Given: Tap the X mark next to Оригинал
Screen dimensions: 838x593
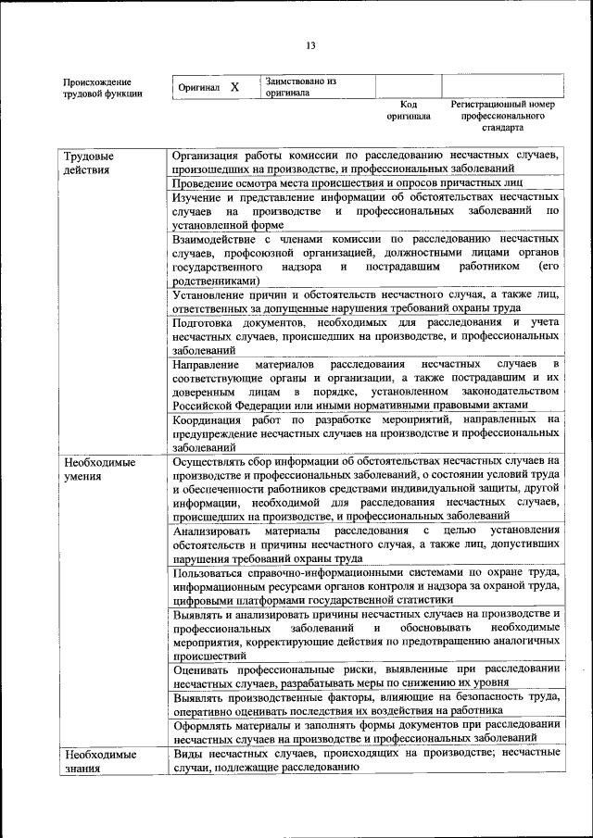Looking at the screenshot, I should tap(234, 87).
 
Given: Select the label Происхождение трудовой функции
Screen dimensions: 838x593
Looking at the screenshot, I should tap(103, 87).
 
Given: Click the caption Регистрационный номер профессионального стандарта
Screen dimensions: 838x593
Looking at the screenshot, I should tap(502, 117).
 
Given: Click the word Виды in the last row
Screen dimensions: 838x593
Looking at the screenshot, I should tap(188, 753).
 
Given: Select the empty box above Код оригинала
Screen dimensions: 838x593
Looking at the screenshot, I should tap(408, 86).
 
